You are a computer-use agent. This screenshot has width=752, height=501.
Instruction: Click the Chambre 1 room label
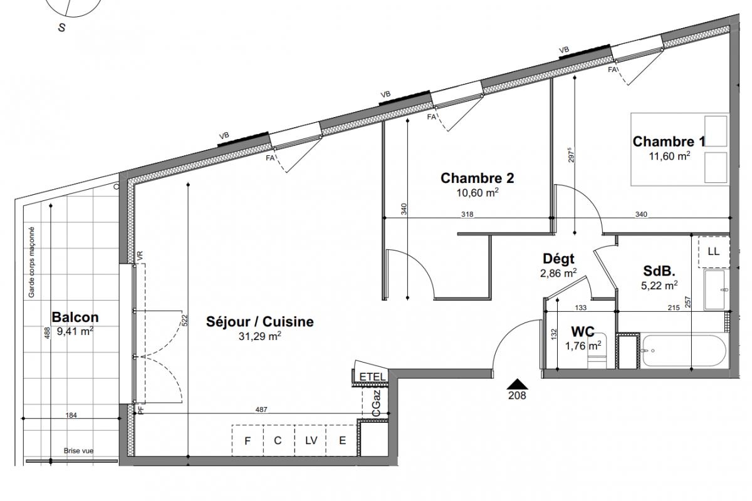669,142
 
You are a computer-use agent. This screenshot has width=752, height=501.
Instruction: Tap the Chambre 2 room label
477,178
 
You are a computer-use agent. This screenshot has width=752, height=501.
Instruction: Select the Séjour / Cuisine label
260,321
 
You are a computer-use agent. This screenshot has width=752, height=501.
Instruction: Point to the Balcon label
75,317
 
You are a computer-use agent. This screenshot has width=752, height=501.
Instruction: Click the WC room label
583,332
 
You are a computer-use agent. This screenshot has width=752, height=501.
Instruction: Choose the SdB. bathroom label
659,271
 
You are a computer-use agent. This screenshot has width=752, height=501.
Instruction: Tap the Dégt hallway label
558,259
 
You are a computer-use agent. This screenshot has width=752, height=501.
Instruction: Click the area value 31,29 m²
260,336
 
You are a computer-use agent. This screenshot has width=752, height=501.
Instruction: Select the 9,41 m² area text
75,331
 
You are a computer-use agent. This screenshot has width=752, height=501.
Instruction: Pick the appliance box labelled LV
311,440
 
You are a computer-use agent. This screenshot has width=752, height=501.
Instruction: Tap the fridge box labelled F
248,440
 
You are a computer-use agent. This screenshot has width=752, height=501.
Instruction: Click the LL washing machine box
714,252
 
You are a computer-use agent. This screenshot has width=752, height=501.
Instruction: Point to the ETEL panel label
372,377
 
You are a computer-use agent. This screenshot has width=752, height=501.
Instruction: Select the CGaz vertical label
376,403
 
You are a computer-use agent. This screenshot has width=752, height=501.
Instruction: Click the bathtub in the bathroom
684,351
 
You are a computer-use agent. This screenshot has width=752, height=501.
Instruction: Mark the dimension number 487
261,410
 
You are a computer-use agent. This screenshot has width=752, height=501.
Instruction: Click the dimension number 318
467,214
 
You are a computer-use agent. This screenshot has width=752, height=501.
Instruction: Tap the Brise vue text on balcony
78,451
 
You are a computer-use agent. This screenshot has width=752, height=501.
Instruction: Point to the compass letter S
62,28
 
